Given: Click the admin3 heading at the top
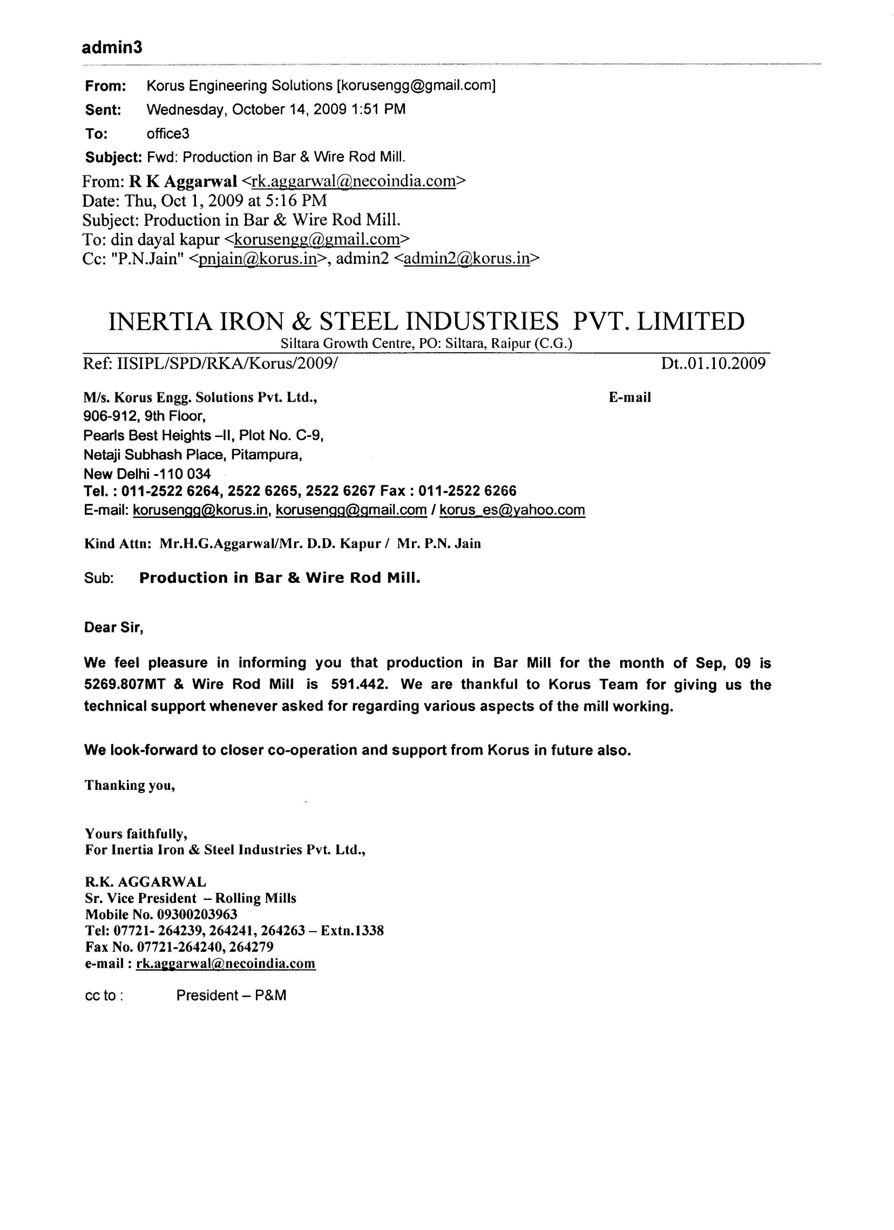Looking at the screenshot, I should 112,48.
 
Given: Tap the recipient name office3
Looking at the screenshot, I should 168,134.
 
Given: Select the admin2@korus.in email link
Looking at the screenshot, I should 466,259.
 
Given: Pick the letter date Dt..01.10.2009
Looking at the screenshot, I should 713,363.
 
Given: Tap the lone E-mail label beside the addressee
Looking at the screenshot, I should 629,398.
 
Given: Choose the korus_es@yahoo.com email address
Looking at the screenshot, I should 512,510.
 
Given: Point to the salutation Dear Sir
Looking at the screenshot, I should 114,628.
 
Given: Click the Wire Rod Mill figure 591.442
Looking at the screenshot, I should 359,685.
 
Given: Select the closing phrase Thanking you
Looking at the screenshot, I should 129,786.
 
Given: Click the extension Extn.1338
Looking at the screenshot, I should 352,931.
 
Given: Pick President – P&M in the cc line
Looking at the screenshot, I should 231,996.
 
